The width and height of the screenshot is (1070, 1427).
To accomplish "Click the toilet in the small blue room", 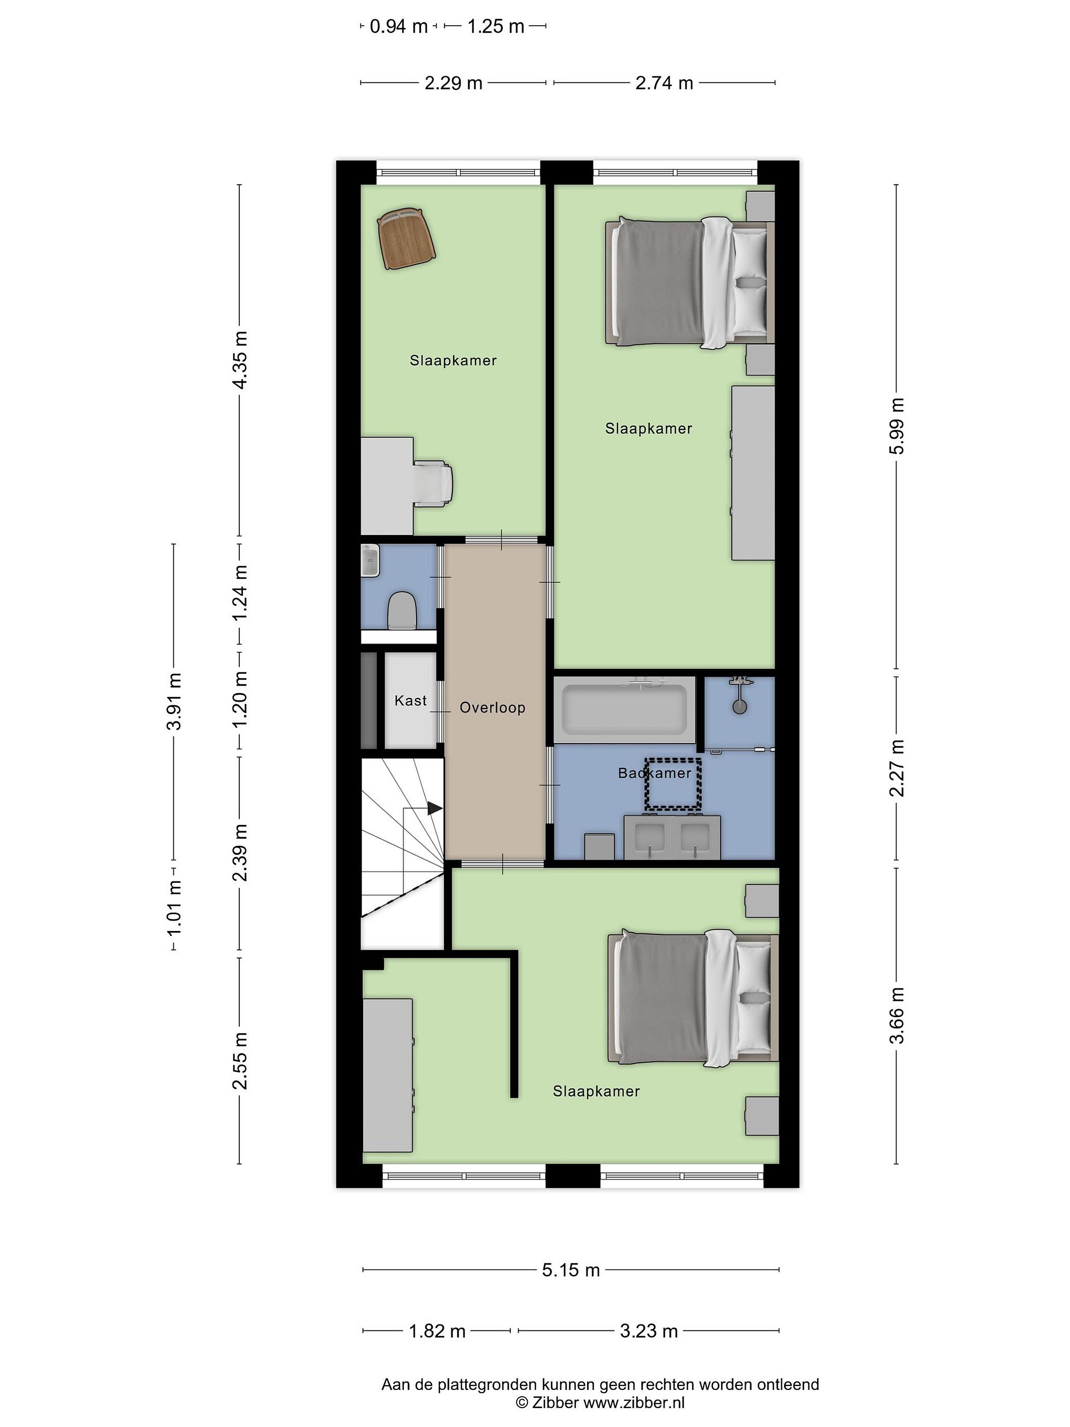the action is [x=402, y=610].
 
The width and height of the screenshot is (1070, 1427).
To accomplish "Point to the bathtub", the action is [x=624, y=709].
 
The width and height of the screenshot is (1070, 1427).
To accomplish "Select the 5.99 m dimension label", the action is [x=897, y=426].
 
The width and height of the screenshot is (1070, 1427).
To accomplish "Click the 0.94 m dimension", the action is [x=399, y=26].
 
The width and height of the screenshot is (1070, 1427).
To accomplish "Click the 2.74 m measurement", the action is [x=664, y=83].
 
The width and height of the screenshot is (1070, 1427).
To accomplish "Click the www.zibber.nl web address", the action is [x=634, y=1403].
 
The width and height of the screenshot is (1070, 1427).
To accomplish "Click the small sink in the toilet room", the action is [x=370, y=560].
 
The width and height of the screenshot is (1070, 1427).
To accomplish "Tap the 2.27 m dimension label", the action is [x=897, y=768].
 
